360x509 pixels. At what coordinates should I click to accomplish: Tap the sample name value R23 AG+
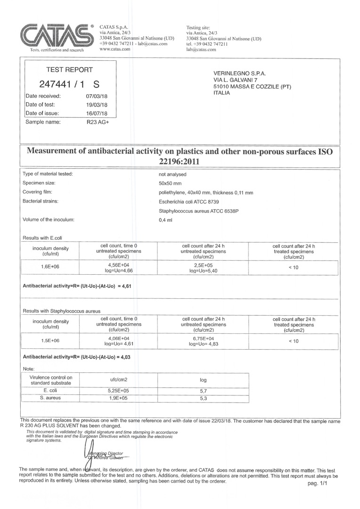pyautogui.click(x=98, y=122)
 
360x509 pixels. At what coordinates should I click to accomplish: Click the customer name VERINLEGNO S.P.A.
pyautogui.click(x=240, y=74)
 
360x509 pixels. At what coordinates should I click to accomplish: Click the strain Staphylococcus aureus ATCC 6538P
pyautogui.click(x=199, y=211)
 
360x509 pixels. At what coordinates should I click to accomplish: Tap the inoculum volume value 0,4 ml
pyautogui.click(x=165, y=220)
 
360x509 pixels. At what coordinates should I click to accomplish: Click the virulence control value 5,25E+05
pyautogui.click(x=119, y=391)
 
